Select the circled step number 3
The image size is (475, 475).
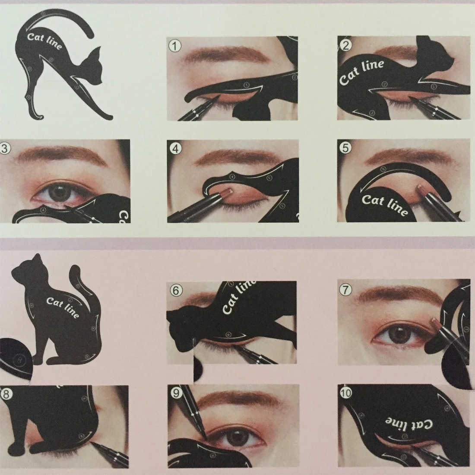[5, 149]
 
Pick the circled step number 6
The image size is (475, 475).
[175, 290]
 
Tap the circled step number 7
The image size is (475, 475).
[345, 290]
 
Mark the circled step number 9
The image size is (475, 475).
[175, 394]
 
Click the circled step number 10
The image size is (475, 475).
[346, 394]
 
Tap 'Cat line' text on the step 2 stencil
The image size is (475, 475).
[361, 72]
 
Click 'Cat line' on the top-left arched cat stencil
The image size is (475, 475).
[44, 41]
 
